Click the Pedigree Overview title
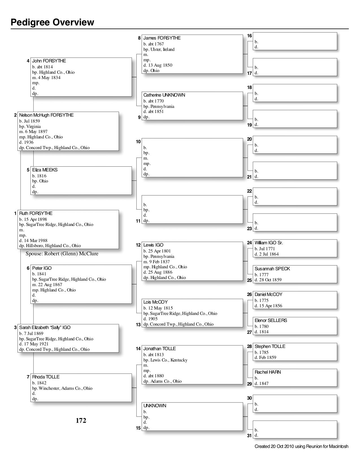pos(53,22)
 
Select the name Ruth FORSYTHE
pos(36,214)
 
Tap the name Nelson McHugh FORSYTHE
pos(46,115)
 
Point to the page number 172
pos(81,421)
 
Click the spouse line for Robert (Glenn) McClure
pos(62,254)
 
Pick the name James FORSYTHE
pos(162,38)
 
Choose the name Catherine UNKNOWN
pos(164,95)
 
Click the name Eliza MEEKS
pos(45,170)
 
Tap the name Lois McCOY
pos(155,302)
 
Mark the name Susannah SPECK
pos(272,269)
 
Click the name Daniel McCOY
pos(268,295)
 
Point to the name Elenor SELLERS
pos(271,321)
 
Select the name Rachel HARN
pos(268,372)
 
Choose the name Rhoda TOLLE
pos(46,377)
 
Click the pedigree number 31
pos(249,435)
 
